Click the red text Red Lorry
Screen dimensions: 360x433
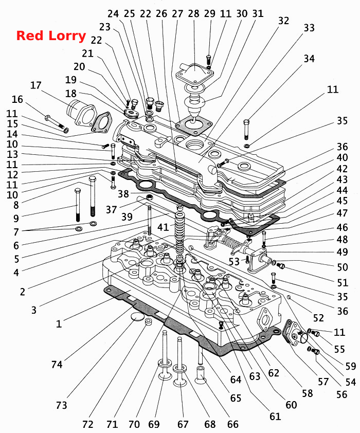click(51, 36)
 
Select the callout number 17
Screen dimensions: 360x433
click(35, 85)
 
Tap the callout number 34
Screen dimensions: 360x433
click(309, 59)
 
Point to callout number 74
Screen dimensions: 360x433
click(57, 365)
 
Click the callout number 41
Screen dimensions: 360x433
click(163, 227)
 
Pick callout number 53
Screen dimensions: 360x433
click(234, 261)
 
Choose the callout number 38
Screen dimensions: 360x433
click(123, 193)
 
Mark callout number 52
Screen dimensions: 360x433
click(318, 318)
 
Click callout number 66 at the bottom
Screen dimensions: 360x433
click(233, 424)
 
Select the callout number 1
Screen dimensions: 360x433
click(59, 323)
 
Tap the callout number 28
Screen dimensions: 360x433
click(193, 13)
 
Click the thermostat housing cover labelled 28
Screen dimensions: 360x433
click(194, 72)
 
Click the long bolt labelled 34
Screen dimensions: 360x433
click(246, 129)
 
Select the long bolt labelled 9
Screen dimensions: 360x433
click(78, 204)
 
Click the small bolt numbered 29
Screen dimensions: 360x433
click(209, 59)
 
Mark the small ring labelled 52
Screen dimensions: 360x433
click(289, 297)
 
